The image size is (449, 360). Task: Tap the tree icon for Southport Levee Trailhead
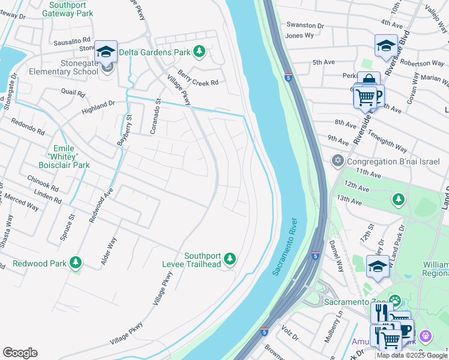coord(229,259)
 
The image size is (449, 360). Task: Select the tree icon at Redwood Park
coord(76,263)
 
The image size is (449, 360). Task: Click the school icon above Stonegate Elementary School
coord(106,52)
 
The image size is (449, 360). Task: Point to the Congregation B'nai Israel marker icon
coord(336,161)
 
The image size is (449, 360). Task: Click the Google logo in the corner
coord(20,353)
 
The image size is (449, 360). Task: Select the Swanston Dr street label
coord(304,26)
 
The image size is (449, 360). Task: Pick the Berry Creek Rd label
coord(197,82)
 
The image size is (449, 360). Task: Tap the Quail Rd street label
coord(71,92)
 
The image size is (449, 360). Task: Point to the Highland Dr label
coord(98,106)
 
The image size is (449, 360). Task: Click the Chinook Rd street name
coord(43,183)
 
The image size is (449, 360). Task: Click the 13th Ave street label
coord(351,198)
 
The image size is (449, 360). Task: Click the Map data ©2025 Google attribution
coord(412,355)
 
